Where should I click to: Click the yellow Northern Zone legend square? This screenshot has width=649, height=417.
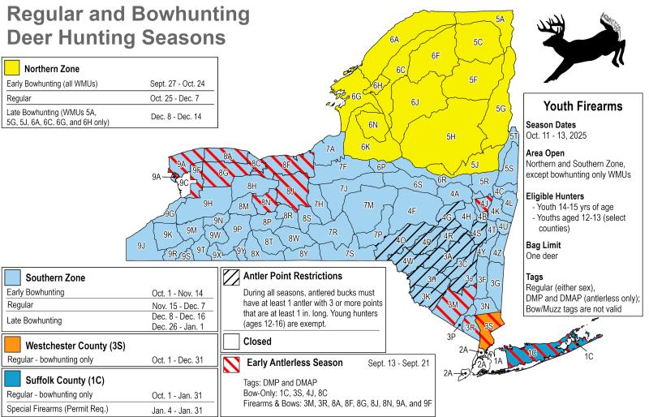(x=11, y=68)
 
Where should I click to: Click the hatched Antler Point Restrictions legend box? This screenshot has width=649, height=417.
(x=231, y=276)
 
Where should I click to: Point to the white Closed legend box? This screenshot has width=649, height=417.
(x=231, y=341)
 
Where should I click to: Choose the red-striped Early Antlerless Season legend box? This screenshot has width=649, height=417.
(x=231, y=363)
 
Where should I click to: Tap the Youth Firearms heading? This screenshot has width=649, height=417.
(x=582, y=105)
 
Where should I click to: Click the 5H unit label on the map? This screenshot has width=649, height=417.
(x=452, y=136)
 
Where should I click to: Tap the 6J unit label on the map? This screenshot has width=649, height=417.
(x=415, y=102)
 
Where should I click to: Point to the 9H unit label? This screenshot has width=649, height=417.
(x=208, y=204)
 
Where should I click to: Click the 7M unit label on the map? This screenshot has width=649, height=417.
(x=368, y=205)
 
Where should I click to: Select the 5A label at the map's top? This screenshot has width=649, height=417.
(x=500, y=19)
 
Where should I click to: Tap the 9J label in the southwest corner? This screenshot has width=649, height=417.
(x=141, y=244)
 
